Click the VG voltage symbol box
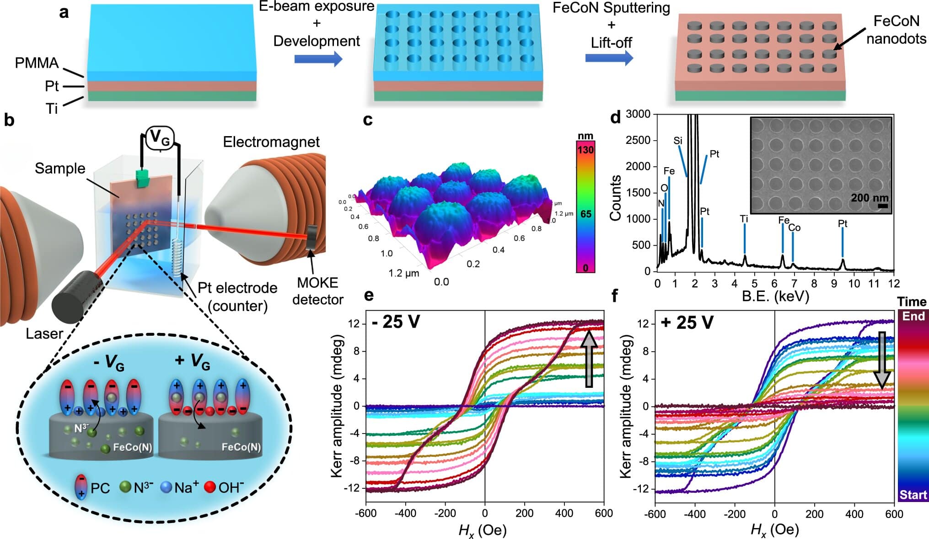click(160, 137)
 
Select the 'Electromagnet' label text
click(271, 142)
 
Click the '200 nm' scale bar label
click(869, 198)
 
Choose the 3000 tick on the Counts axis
click(638, 114)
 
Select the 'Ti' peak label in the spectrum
click(744, 219)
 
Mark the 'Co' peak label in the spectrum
click(795, 227)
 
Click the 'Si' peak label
click(678, 141)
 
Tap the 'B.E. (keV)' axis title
click(775, 296)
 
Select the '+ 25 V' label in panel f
click(687, 322)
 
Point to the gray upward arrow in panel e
click(589, 359)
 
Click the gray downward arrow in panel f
click(881, 360)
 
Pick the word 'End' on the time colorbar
click(913, 316)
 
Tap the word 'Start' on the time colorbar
click(913, 495)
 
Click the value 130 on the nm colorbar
click(585, 150)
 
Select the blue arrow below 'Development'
click(318, 59)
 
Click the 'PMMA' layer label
click(37, 63)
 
